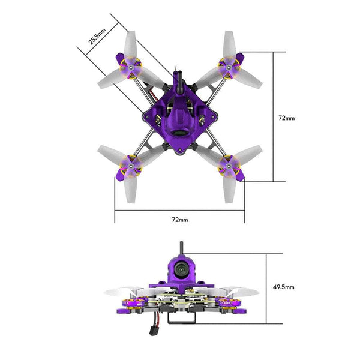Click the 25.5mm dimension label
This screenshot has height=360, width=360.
pyautogui.click(x=97, y=36)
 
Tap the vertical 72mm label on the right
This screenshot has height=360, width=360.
pyautogui.click(x=287, y=118)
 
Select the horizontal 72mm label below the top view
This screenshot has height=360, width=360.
pyautogui.click(x=180, y=220)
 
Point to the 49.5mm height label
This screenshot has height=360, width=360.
pyautogui.click(x=284, y=287)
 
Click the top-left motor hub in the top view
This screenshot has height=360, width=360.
pyautogui.click(x=131, y=67)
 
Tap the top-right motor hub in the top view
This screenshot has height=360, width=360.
pyautogui.click(x=229, y=67)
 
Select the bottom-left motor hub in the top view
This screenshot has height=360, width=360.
pyautogui.click(x=131, y=166)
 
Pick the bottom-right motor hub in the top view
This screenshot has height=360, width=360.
pyautogui.click(x=229, y=166)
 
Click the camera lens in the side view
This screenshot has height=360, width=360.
pyautogui.click(x=181, y=269)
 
